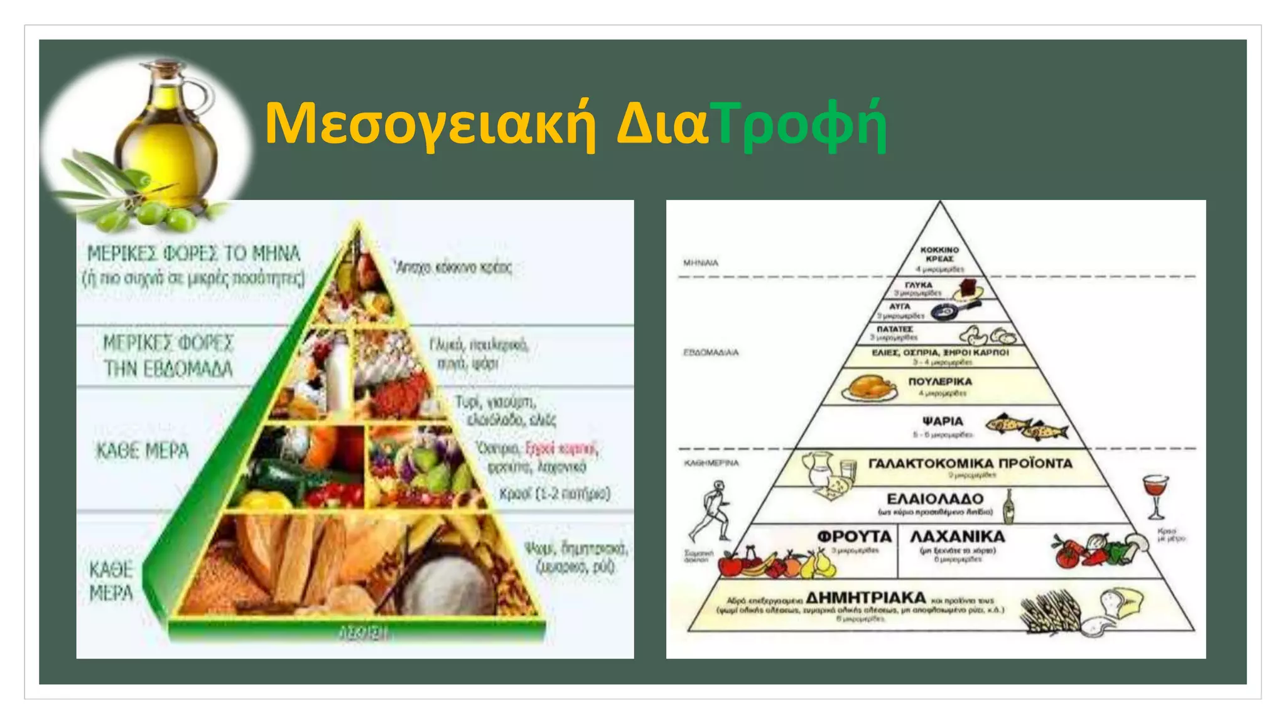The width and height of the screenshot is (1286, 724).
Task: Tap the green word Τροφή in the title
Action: [x=801, y=123]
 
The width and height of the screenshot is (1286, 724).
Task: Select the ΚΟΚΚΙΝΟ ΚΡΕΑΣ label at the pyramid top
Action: [x=939, y=254]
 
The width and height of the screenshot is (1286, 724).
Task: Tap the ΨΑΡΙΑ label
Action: [x=943, y=421]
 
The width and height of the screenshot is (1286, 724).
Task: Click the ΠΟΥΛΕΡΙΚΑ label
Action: [x=940, y=381]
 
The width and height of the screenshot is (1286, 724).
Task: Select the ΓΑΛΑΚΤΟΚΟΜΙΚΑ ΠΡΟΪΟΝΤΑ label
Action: [x=970, y=463]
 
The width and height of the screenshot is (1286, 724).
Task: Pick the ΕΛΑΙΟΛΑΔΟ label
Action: [x=935, y=499]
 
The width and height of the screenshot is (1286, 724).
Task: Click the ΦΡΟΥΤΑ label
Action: [x=854, y=536]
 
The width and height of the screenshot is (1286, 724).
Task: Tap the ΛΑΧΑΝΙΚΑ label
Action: [x=957, y=536]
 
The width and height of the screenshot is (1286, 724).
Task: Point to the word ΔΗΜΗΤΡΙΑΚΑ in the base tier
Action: [x=865, y=597]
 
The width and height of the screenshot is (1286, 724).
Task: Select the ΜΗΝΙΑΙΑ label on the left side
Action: [x=700, y=263]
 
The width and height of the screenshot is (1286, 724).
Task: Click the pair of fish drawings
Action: [x=1027, y=427]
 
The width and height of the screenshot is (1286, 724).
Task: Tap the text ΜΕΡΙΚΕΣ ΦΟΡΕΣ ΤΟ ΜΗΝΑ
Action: [x=193, y=254]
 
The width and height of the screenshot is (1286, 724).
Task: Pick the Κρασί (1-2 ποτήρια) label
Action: [x=554, y=494]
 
